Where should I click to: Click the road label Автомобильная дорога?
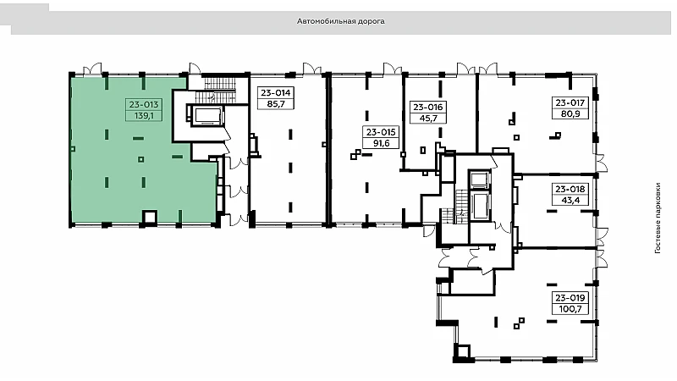(341, 21)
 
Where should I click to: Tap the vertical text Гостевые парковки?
(658, 218)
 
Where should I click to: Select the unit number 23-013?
(144, 104)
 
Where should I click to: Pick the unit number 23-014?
(276, 93)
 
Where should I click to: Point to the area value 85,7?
(276, 104)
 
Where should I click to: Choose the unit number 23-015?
(380, 132)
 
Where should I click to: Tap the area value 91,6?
(380, 143)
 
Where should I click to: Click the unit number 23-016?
(428, 108)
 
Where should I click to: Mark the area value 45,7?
(428, 119)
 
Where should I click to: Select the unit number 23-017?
(570, 102)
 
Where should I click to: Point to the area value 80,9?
(570, 114)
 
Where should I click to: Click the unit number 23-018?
(570, 189)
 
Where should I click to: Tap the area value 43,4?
(570, 201)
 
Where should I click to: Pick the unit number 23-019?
(570, 298)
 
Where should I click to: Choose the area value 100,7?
(570, 309)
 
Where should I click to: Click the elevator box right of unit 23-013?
(206, 116)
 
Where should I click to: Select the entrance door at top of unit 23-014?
(311, 69)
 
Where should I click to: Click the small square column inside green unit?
(140, 159)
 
